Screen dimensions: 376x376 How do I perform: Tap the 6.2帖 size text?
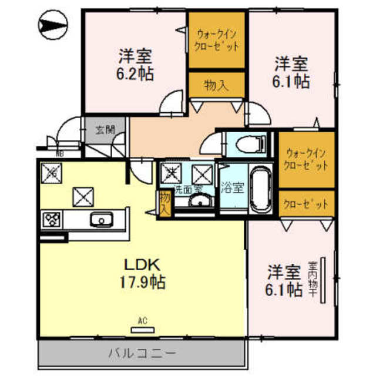[x=135, y=74]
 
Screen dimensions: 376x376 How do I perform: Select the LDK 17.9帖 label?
[x=142, y=273]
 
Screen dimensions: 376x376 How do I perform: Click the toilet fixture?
[x=247, y=143]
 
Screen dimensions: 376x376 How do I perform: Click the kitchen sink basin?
[x=100, y=221]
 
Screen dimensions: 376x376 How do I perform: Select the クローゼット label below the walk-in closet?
[x=305, y=205]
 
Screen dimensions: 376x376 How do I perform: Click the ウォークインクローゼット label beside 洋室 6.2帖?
[x=217, y=39]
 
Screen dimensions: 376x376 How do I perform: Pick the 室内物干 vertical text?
[x=314, y=282]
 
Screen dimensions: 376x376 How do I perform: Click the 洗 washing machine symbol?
[x=172, y=172]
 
